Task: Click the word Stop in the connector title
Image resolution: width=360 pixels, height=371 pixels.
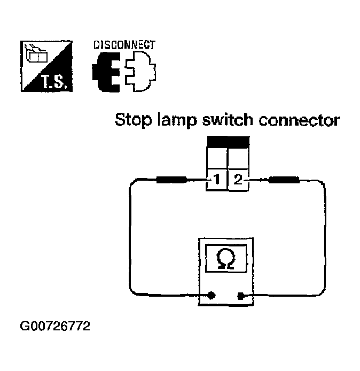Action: pyautogui.click(x=133, y=121)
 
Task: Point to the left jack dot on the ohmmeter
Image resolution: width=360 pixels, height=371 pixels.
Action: pyautogui.click(x=212, y=295)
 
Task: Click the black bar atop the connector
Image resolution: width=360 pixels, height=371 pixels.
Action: pyautogui.click(x=228, y=142)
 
